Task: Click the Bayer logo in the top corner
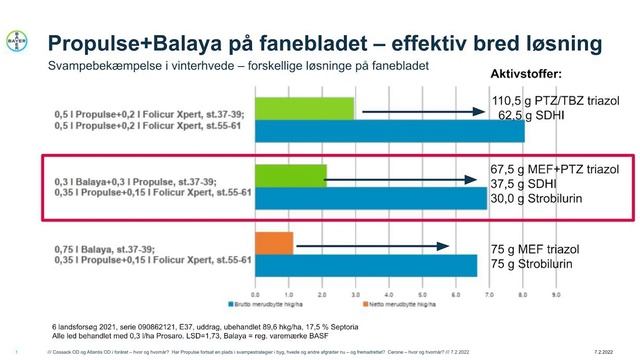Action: point(17,44)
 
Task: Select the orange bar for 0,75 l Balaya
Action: point(275,242)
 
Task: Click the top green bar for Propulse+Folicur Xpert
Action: point(306,107)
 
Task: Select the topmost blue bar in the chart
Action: point(391,129)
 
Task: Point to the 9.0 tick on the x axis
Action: point(557,286)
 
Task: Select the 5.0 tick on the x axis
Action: point(424,286)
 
